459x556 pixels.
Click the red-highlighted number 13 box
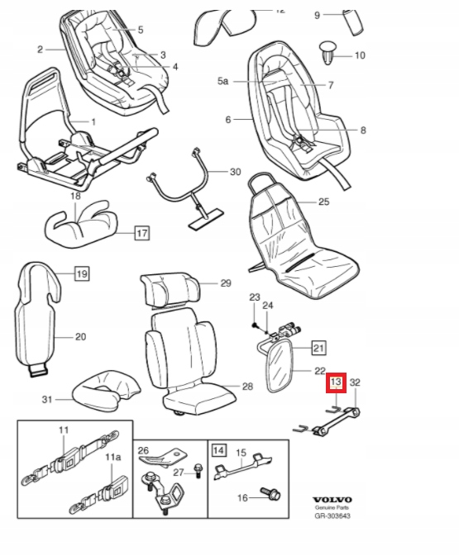336,383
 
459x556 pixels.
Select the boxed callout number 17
141,233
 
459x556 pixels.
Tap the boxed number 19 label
81,273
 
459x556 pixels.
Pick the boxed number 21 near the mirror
319,347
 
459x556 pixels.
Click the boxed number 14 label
219,450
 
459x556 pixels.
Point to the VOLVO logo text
332,500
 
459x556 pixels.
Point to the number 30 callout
235,172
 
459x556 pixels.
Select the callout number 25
324,202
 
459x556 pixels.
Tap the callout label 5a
222,81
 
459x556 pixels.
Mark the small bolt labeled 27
199,471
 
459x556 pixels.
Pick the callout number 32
355,383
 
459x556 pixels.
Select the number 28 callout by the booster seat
246,387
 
